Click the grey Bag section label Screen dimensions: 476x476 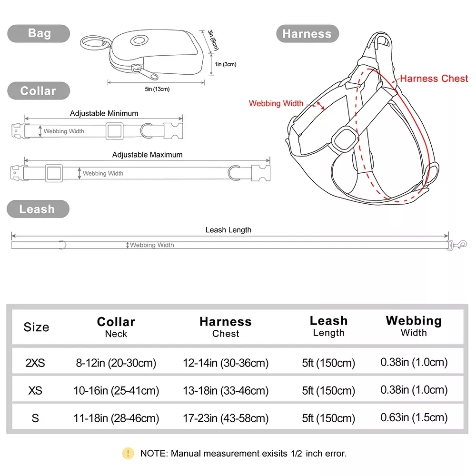(x=39, y=33)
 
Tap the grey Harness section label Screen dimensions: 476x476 (x=307, y=34)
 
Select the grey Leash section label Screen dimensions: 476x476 (x=37, y=209)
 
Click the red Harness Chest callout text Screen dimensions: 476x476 (x=434, y=79)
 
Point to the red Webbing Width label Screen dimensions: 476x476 (x=276, y=103)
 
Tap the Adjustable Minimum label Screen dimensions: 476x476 (x=104, y=113)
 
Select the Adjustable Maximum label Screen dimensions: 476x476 (x=147, y=155)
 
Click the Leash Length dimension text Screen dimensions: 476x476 (x=228, y=230)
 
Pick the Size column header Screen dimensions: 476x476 (x=36, y=327)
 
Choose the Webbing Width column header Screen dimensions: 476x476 (x=414, y=326)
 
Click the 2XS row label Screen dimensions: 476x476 (x=35, y=363)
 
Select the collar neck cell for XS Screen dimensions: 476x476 (x=116, y=391)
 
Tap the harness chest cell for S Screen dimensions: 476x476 (x=226, y=418)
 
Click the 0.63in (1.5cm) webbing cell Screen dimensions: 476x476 (x=414, y=417)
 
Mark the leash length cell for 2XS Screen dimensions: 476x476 (x=328, y=363)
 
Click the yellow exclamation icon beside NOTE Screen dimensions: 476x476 (x=128, y=453)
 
